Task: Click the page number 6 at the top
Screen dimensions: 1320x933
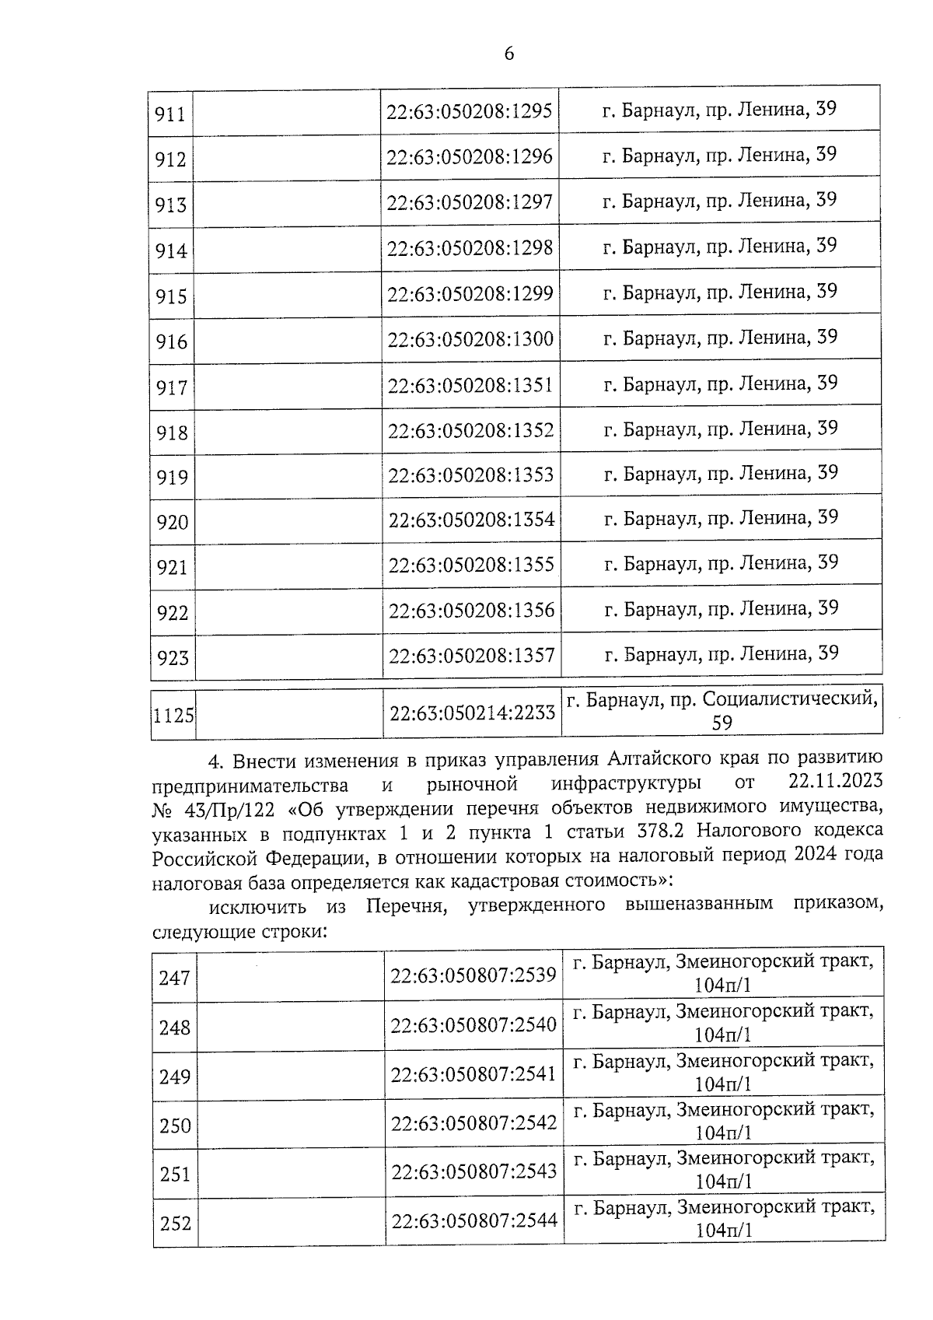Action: point(509,53)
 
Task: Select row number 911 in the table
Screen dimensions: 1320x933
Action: point(170,114)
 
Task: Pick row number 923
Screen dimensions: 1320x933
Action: point(173,658)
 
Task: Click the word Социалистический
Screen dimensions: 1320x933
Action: point(790,699)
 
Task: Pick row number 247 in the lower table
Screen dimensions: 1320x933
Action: point(175,977)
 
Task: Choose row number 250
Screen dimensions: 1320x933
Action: point(175,1126)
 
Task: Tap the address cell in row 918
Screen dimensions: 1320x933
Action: point(721,429)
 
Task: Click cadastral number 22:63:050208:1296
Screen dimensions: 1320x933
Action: point(470,157)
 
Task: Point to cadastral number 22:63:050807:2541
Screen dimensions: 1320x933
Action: point(473,1075)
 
